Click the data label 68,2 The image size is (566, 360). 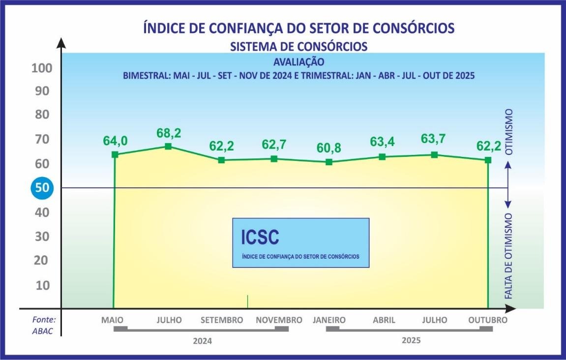tap(168, 133)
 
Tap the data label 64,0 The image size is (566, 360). tap(116, 141)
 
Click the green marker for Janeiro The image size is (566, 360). tap(329, 162)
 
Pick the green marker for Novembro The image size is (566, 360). tap(274, 158)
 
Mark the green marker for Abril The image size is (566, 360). tap(382, 157)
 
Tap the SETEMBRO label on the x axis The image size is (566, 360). tap(222, 320)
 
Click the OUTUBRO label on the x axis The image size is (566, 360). tap(488, 320)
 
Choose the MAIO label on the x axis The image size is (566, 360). tap(113, 320)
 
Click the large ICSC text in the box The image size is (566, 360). tap(260, 237)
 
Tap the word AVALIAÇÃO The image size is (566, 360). tap(298, 62)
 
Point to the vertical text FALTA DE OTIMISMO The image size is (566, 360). tap(509, 256)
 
